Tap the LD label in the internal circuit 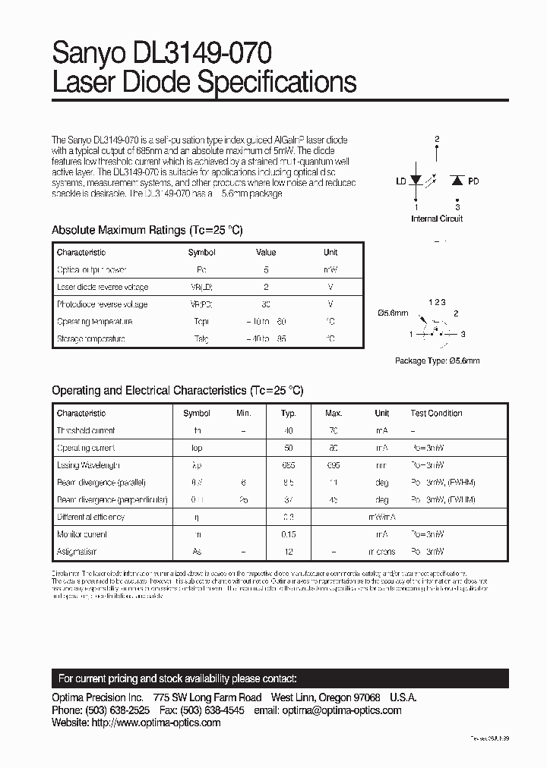pos(400,181)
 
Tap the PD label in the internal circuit pos(473,181)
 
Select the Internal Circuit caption pos(437,219)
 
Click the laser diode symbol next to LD pos(416,181)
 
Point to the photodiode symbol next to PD pos(457,181)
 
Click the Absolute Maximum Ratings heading pos(147,230)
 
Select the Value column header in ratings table pos(266,253)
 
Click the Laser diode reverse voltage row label pos(103,287)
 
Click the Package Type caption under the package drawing pos(437,361)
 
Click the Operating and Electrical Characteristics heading pos(177,390)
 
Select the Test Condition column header pos(436,414)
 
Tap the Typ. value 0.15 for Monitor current pos(288,534)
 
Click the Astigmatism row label pos(77,552)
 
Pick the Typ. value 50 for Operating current pos(288,448)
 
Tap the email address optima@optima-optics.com pos(347,710)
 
